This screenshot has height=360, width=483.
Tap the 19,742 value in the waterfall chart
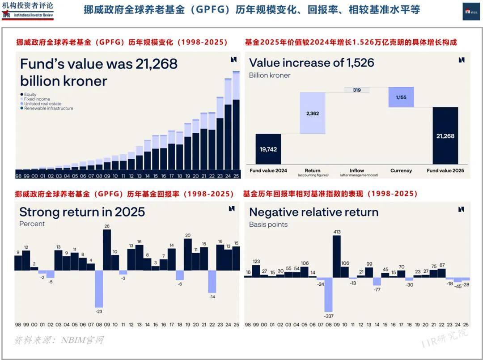click(x=268, y=149)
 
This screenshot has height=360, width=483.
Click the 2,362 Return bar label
click(x=313, y=114)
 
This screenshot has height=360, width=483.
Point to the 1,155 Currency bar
click(x=401, y=97)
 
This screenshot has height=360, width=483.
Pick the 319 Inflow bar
click(x=357, y=90)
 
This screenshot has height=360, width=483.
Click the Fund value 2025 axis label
click(x=445, y=170)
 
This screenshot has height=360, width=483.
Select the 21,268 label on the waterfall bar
click(x=445, y=136)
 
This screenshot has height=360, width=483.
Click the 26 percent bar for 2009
click(x=107, y=250)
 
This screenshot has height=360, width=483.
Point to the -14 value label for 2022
click(x=212, y=296)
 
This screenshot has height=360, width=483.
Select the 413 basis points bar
click(x=337, y=256)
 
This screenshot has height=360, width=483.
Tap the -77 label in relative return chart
click(x=377, y=290)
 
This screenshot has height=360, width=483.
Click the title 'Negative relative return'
click(x=314, y=212)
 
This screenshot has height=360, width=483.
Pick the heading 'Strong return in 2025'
click(x=82, y=212)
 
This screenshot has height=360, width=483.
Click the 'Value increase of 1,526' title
click(x=311, y=63)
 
